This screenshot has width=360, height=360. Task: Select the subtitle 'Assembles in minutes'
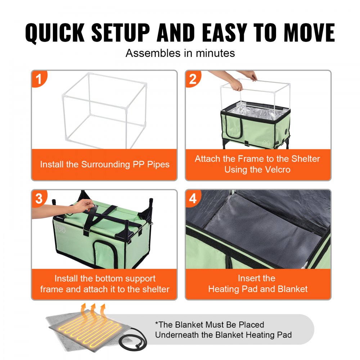pos(180,53)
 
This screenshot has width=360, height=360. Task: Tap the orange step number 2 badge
pos(193,79)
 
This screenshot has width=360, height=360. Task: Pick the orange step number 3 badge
pos(40,198)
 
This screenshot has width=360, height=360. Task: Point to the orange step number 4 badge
pos(193,198)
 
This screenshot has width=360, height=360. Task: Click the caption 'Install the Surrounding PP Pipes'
pos(104,165)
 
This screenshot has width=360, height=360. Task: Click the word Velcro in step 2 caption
pos(275,170)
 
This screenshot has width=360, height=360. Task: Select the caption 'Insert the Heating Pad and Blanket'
pos(258,284)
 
